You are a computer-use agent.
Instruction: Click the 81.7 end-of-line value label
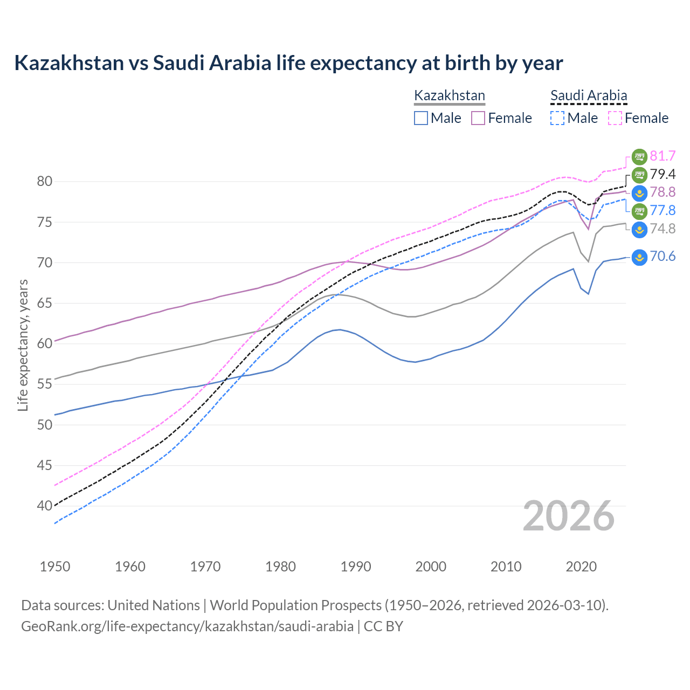click(x=663, y=156)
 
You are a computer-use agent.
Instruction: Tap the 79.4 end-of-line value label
click(x=663, y=174)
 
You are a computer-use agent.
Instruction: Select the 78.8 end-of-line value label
click(x=663, y=192)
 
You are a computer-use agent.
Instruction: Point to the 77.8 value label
click(x=663, y=211)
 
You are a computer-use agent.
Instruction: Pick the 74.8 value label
click(x=663, y=229)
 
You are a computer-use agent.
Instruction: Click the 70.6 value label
click(x=663, y=257)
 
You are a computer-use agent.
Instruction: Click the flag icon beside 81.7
click(x=639, y=156)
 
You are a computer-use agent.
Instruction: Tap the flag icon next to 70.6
click(x=639, y=257)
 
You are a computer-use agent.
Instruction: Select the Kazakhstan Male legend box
click(x=421, y=118)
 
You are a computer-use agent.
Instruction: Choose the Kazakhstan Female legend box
click(x=478, y=118)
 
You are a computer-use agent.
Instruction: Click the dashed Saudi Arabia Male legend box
click(x=557, y=118)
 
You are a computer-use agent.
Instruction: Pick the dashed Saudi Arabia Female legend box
click(x=615, y=118)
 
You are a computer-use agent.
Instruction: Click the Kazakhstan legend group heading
click(x=450, y=96)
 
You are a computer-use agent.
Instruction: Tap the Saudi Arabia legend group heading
click(x=589, y=96)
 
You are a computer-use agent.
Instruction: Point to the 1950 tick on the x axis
click(x=55, y=567)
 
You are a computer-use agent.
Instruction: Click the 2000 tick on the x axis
click(x=431, y=567)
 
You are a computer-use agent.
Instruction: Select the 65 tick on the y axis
click(x=45, y=303)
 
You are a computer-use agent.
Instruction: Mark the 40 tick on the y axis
click(x=45, y=506)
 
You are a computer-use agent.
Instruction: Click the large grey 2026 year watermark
click(x=569, y=516)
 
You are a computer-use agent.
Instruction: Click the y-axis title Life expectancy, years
click(x=23, y=345)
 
